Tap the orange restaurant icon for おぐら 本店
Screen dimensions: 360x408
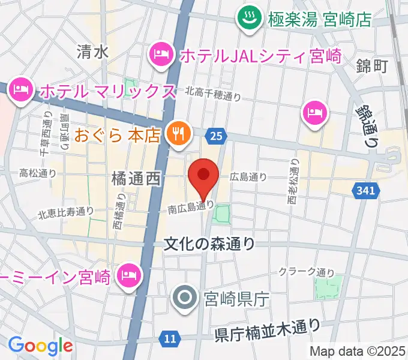point(178,134)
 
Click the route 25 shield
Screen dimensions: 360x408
point(216,137)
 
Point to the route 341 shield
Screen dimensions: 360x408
point(367,190)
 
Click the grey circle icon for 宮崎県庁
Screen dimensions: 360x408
point(182,296)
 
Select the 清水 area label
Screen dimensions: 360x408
point(92,52)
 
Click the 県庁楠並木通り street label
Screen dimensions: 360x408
point(268,329)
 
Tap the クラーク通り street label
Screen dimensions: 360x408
point(306,271)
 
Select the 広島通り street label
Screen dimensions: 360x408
point(248,177)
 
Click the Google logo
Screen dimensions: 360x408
point(40,345)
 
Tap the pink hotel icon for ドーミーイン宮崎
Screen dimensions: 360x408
point(128,275)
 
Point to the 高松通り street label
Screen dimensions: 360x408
point(38,173)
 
